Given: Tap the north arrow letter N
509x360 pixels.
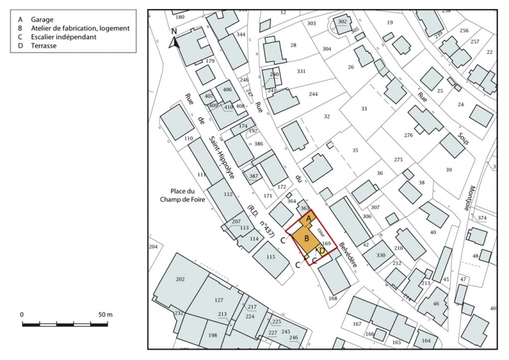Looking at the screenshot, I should (x=174, y=32).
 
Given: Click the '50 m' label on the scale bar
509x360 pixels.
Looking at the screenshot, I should (x=104, y=314).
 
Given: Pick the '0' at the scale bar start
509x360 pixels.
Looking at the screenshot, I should (x=22, y=314).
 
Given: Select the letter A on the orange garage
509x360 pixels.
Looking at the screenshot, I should (x=309, y=218).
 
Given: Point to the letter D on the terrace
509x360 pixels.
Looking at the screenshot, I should (x=322, y=251).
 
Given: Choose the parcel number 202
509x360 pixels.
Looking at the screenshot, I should (x=181, y=279).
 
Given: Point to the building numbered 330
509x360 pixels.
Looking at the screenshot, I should (x=381, y=256).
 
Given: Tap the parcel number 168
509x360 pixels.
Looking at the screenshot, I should (x=333, y=298).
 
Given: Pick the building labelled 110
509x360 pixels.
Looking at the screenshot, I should (x=188, y=139).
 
